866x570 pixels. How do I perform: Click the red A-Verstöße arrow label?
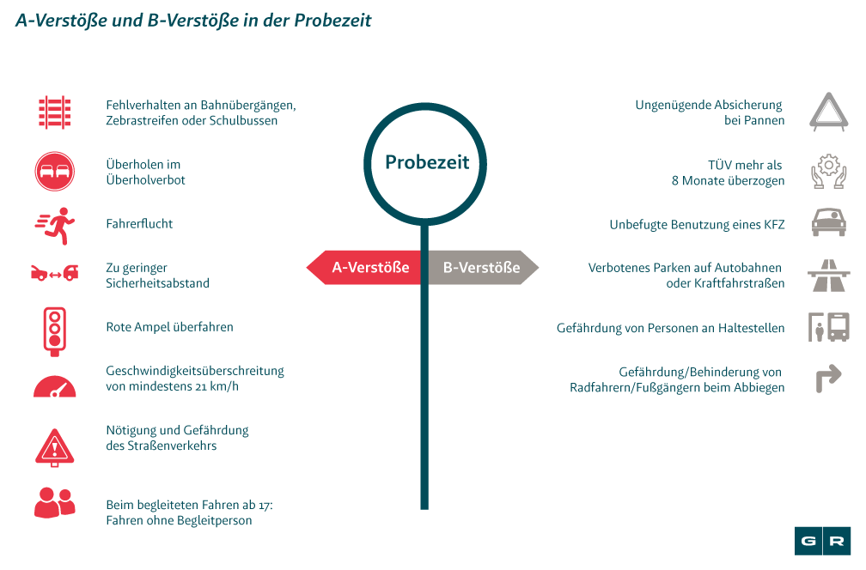[x=364, y=268]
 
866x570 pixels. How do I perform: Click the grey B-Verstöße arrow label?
[x=482, y=268]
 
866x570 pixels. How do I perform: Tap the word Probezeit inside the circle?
[x=427, y=162]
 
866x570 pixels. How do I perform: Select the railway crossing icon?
[x=55, y=112]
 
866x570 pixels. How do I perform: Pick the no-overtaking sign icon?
[x=55, y=172]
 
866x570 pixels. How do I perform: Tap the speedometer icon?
[x=55, y=385]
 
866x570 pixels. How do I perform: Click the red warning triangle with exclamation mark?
[x=55, y=445]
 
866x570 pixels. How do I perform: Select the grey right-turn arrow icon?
[x=828, y=379]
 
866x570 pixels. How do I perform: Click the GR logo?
[x=822, y=541]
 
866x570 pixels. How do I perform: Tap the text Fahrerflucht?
[x=139, y=224]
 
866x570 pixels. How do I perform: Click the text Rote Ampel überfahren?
[x=169, y=327]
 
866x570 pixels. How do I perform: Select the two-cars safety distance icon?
[x=55, y=273]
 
